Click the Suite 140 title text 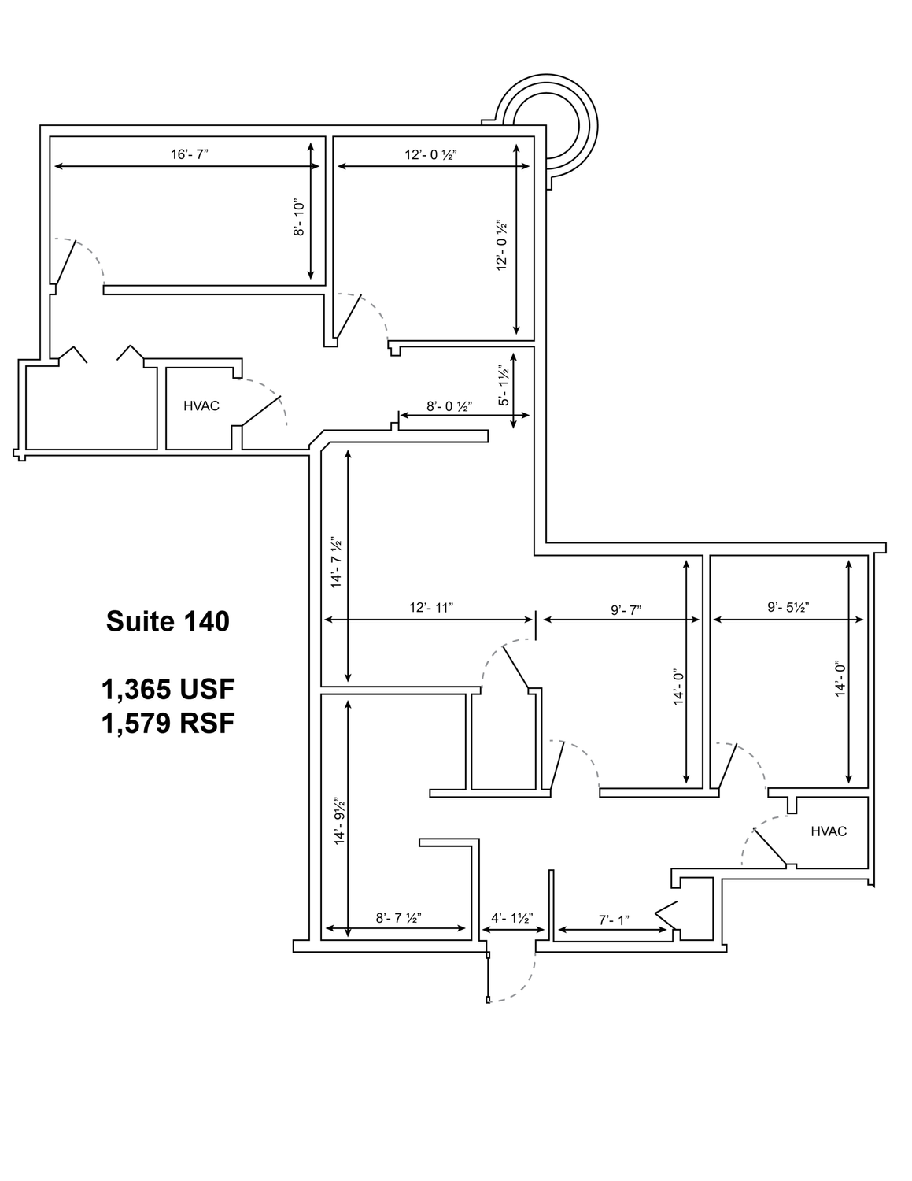[168, 621]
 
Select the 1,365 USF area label [168, 690]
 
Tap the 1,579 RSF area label [168, 724]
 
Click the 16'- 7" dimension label [190, 154]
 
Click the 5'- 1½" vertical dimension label [504, 387]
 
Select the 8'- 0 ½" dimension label [449, 406]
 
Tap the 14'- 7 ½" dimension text [337, 563]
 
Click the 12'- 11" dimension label [431, 607]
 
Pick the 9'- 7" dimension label [626, 610]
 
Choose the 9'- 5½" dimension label [788, 607]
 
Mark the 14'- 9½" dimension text [339, 821]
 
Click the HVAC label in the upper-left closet [201, 406]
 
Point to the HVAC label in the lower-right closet [829, 831]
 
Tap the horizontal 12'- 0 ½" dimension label [430, 154]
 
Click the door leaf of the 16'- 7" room [66, 262]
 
